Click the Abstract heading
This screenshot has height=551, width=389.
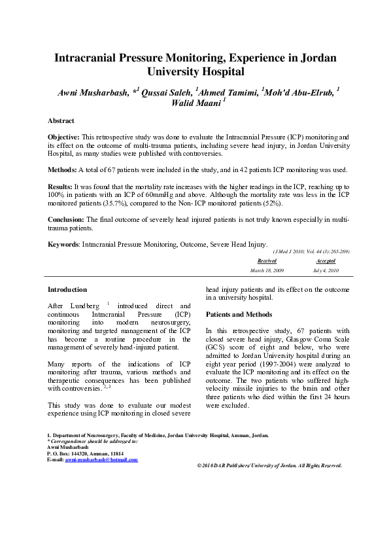(x=61, y=121)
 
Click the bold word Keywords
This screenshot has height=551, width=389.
(x=63, y=244)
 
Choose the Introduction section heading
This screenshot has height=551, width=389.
(x=67, y=289)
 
